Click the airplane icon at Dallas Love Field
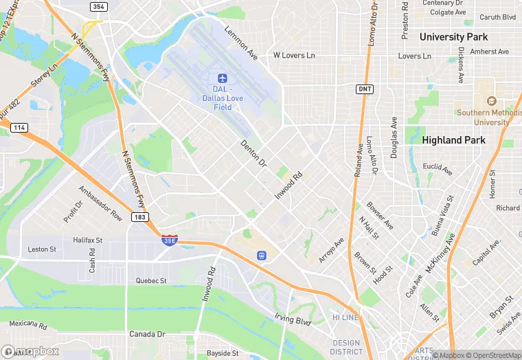222,78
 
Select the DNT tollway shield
365,89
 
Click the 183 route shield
140,217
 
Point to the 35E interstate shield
169,240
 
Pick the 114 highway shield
19,128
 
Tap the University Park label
453,36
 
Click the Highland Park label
453,140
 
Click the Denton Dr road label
253,155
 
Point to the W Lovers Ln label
294,55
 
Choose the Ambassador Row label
100,203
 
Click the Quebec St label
151,280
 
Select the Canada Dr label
148,334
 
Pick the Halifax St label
87,240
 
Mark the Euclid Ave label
438,168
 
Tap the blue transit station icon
261,255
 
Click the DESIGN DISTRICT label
346,348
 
